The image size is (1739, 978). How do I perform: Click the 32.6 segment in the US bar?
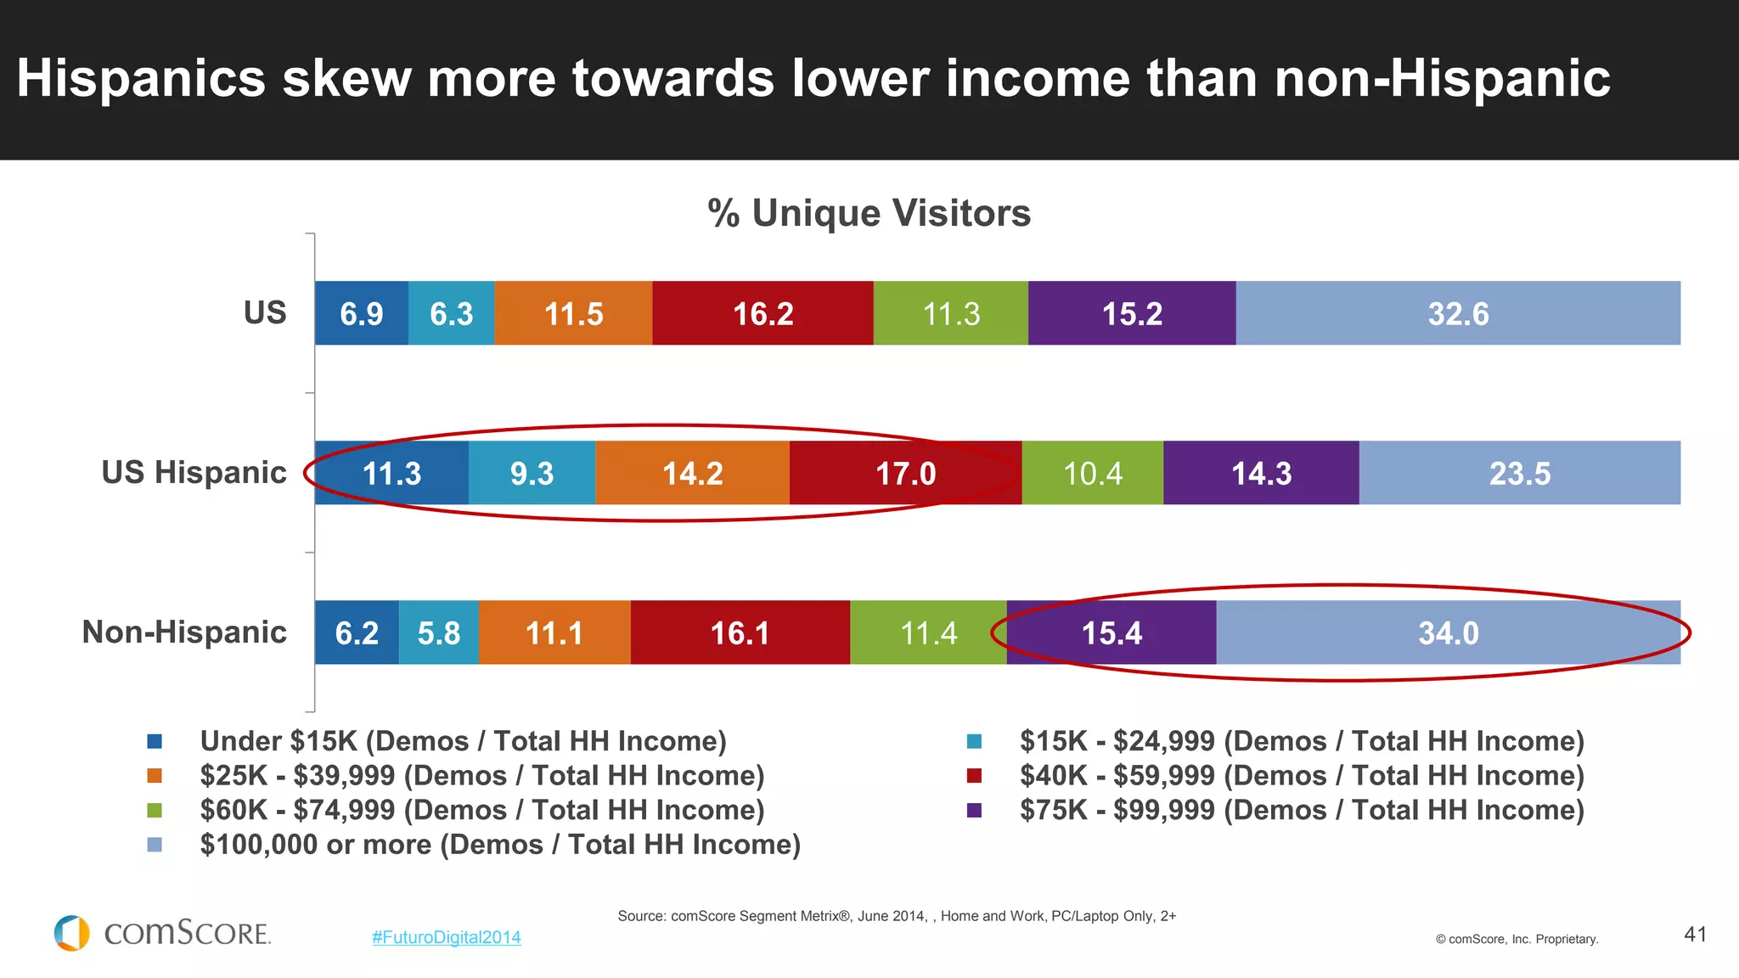coord(1457,313)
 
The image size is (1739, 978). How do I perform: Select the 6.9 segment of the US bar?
coord(361,313)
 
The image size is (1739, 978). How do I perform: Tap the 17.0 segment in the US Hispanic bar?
coord(905,473)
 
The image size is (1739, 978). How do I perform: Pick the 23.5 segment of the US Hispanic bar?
coord(1519,473)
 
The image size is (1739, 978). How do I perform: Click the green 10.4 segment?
coord(1092,473)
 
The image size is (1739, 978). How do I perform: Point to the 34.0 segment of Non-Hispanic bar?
coord(1448,632)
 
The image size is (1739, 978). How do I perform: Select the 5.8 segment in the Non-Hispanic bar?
coord(438,632)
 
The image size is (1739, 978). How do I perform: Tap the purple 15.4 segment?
coord(1111,632)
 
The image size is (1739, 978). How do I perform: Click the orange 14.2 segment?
coord(692,473)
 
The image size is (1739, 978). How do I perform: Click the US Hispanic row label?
coord(194,472)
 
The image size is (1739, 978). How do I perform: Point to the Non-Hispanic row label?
coord(184,632)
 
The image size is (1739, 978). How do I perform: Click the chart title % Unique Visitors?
coord(869,212)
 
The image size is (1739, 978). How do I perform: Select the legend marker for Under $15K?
coord(155,741)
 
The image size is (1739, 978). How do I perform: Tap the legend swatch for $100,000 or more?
coord(155,845)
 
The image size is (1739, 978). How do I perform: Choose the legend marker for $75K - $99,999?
coord(974,810)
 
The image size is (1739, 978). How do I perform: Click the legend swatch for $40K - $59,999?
coord(974,775)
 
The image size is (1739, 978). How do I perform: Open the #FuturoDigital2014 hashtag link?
coord(446,937)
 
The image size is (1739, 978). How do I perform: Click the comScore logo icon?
coord(71,933)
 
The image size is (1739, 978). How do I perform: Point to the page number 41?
coord(1695,934)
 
